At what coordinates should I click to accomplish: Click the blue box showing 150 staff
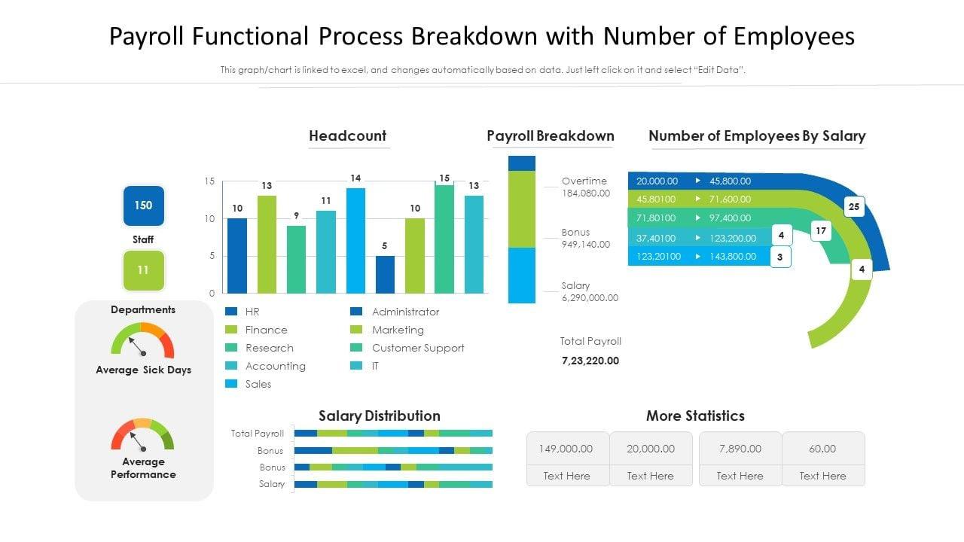coord(143,206)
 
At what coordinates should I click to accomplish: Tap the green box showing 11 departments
coord(143,270)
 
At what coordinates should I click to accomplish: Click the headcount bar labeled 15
coord(444,239)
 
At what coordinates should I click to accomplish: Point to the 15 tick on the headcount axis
coord(209,181)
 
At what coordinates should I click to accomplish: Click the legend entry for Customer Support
coord(418,348)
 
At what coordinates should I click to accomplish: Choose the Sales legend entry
coord(258,384)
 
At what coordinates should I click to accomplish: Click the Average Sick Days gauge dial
coord(142,343)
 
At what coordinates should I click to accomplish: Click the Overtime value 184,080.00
coord(586,193)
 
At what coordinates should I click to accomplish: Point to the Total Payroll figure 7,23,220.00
coord(590,361)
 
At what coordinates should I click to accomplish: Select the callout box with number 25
coord(853,206)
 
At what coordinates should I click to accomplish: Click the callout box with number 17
coord(821,231)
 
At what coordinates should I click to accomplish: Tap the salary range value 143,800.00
coord(733,257)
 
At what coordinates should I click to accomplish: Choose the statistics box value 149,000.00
coord(567,449)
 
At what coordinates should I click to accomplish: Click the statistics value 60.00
coord(822,449)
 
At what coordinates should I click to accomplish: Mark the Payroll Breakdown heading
coord(551,136)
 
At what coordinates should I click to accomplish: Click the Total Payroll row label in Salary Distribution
coord(258,434)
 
